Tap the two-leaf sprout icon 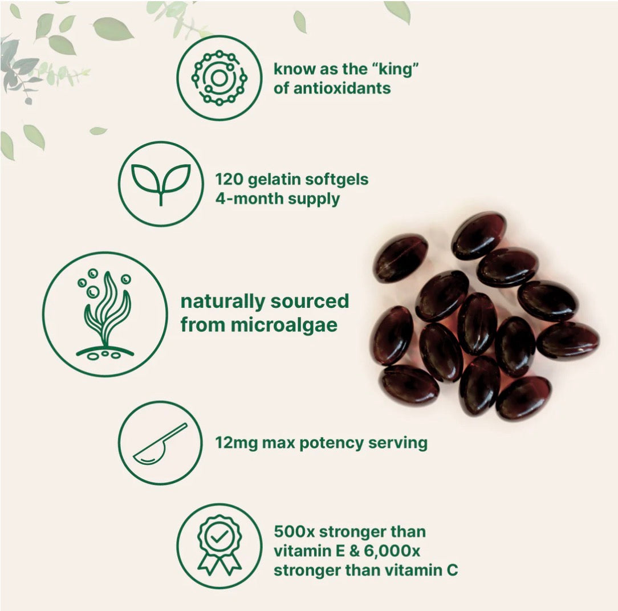coord(161,184)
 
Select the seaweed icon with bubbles coord(105,314)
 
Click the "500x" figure coord(294,532)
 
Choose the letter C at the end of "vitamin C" coord(452,569)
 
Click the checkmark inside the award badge coord(219,536)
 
